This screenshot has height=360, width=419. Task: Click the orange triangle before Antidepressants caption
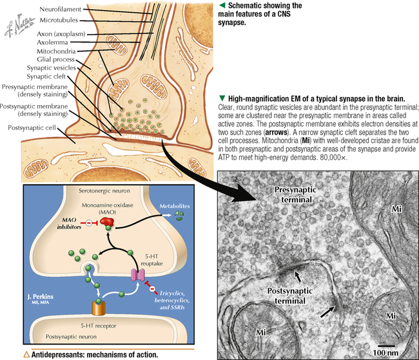26,354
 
